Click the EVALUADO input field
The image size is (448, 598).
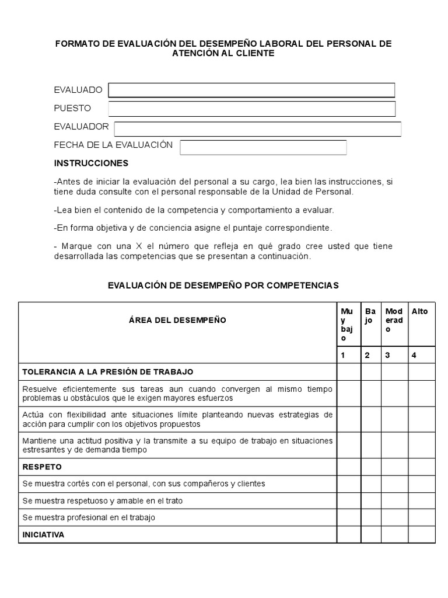tap(251, 90)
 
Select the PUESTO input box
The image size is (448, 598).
tap(251, 109)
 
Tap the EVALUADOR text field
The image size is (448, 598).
tap(257, 128)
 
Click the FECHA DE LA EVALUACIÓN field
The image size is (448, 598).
tap(263, 147)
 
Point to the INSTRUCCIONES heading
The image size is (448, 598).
tap(91, 163)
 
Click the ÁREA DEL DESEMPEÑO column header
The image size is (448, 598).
tap(177, 320)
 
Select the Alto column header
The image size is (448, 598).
tap(419, 311)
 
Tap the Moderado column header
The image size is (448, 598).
tap(394, 320)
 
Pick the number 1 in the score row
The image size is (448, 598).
tap(344, 354)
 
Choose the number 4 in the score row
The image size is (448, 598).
tap(414, 354)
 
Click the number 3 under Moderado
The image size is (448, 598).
tap(387, 354)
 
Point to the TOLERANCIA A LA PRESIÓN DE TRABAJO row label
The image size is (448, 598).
tap(108, 371)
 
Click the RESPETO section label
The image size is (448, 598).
tap(42, 467)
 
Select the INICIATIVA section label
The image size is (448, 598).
tap(43, 534)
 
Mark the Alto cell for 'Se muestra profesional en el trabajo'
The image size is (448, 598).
tap(421, 517)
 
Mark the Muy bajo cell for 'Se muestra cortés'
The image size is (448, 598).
tap(348, 484)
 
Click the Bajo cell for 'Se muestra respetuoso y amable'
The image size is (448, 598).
tap(371, 500)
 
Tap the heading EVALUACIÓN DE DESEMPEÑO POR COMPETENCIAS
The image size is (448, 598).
tap(223, 286)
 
